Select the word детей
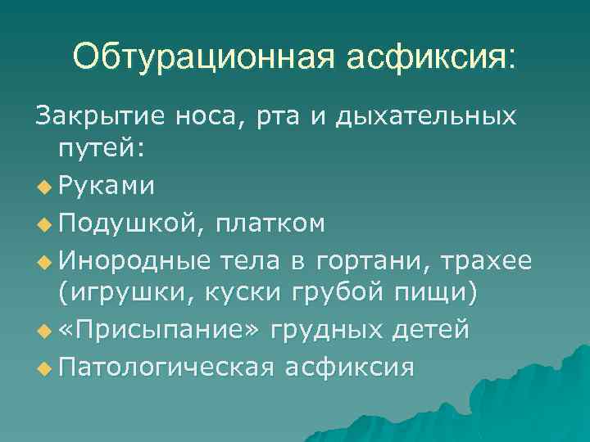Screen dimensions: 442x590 coord(432,329)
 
